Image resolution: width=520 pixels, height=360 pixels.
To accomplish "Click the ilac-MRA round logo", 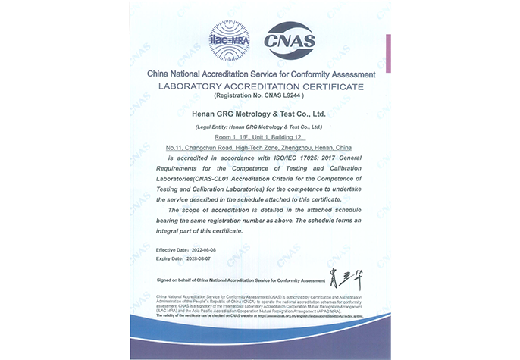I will (228, 38).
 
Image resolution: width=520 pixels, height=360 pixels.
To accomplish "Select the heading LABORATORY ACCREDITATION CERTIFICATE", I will (260, 87).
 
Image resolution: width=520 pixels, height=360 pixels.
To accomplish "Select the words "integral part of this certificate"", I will (204, 230).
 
